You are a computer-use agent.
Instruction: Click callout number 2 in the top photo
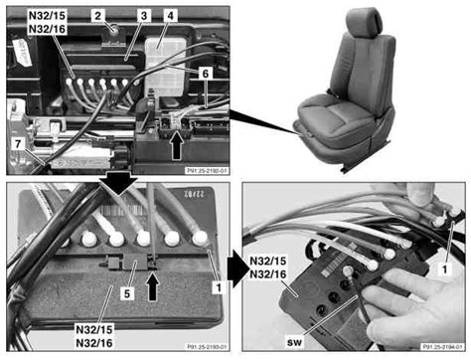97,16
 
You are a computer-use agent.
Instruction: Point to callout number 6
206,75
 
